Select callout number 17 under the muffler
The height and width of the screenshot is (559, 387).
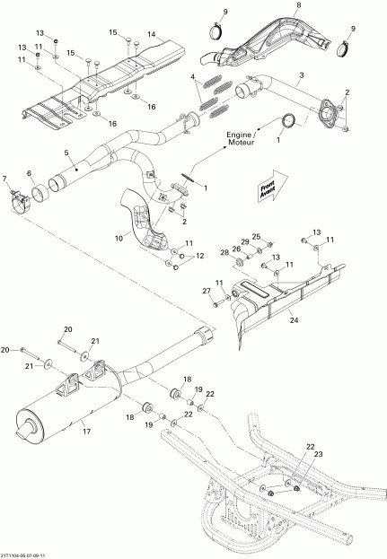tap(86, 432)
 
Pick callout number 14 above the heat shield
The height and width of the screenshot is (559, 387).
tap(151, 34)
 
